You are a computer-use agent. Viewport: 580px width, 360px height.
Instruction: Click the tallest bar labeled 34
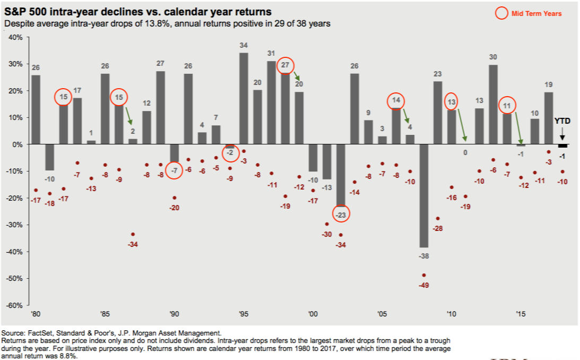pos(244,98)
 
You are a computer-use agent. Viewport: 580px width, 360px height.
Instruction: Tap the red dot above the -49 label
pos(423,275)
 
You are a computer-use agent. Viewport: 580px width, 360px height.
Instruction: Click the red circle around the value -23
pos(341,215)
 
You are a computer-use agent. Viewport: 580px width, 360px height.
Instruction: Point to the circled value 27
pos(285,65)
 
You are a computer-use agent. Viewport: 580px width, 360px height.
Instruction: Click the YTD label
pos(562,121)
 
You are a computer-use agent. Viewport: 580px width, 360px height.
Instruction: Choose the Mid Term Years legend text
pos(536,14)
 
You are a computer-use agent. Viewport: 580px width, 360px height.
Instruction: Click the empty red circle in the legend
pos(500,13)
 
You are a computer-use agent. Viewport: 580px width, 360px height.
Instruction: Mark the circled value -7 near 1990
pos(174,171)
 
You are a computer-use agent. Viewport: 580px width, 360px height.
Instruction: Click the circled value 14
pos(396,101)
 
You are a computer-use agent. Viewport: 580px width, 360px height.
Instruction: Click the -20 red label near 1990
pos(174,208)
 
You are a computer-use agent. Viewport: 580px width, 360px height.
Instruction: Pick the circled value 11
pos(507,106)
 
